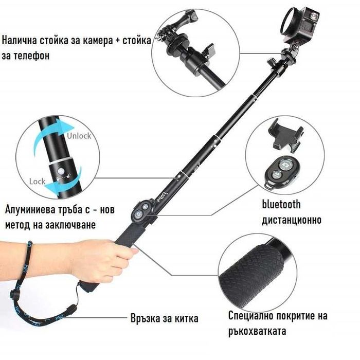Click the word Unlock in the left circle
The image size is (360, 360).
pyautogui.click(x=79, y=136)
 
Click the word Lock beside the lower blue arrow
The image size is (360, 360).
pyautogui.click(x=37, y=182)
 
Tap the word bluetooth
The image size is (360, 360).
pyautogui.click(x=281, y=204)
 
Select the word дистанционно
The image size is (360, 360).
pyautogui.click(x=292, y=220)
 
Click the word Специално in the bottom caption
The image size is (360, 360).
pyautogui.click(x=250, y=316)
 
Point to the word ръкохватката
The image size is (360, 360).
pyautogui.click(x=257, y=331)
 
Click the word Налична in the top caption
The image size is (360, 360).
pyautogui.click(x=20, y=41)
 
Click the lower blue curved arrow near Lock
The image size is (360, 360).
pyautogui.click(x=63, y=182)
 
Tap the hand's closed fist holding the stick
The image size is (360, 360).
pyautogui.click(x=104, y=261)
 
